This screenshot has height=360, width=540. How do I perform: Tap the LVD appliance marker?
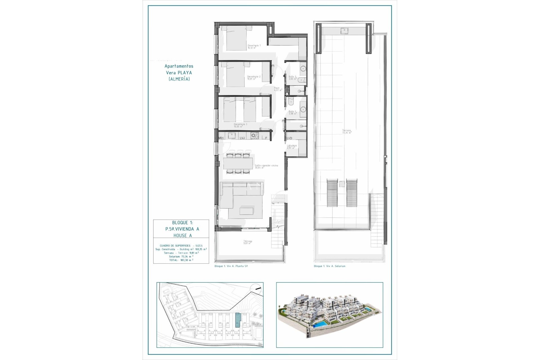tap(289, 138)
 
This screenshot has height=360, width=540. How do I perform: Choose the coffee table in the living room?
tap(246, 211)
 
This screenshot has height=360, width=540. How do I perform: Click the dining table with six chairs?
tap(238, 163)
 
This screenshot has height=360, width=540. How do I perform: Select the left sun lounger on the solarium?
tap(332, 193)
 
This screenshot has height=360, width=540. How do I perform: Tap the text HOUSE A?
tap(183, 235)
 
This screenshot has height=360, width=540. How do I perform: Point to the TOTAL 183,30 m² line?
tap(181, 260)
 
